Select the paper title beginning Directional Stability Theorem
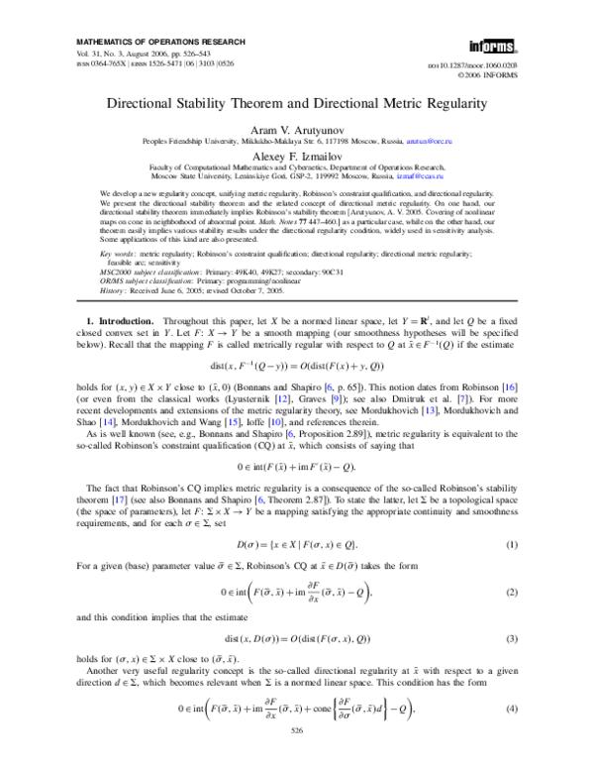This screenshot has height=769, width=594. click(297, 102)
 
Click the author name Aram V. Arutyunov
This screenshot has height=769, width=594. click(297, 130)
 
